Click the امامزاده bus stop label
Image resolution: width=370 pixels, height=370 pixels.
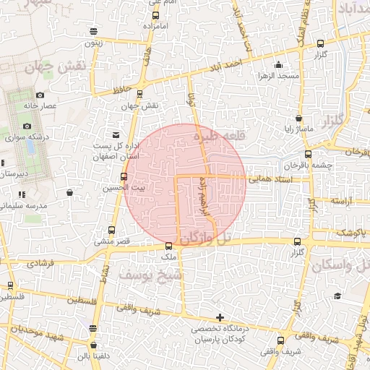coord(156,25)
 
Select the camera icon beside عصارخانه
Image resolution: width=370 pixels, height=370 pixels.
coord(40,95)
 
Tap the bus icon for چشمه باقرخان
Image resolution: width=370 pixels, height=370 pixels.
coord(309,154)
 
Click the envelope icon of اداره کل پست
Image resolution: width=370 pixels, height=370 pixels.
coord(116,134)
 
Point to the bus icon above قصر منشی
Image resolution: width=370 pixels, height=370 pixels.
coord(111,230)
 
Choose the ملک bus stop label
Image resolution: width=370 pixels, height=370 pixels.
coord(169,257)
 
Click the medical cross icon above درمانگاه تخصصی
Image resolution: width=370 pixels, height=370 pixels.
coord(220,317)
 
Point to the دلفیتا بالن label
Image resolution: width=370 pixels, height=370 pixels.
coord(93,355)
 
